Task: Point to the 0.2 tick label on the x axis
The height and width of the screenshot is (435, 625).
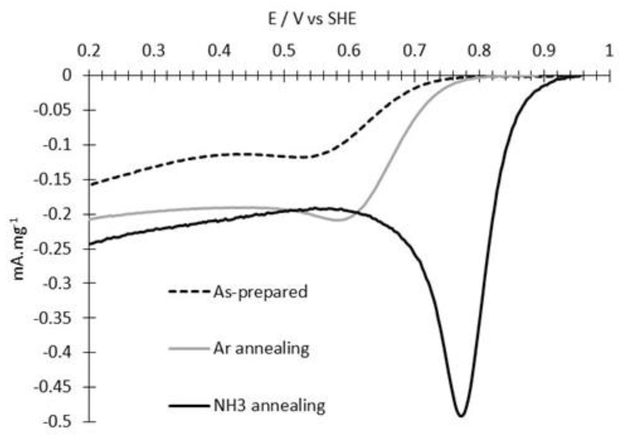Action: point(89,51)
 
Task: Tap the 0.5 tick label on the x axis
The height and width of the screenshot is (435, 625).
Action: point(284,51)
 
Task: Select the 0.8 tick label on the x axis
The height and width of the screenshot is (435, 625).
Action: point(479,51)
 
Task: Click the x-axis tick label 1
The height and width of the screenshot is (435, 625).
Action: point(609,51)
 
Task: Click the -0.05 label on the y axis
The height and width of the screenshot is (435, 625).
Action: point(52,110)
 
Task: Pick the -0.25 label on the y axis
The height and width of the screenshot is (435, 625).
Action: point(52,249)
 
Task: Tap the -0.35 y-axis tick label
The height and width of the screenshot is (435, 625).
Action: point(52,318)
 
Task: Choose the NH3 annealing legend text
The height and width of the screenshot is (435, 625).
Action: point(269,406)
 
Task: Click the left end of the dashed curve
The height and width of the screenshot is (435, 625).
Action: point(90,185)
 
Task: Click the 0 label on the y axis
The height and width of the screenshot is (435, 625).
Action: point(67,76)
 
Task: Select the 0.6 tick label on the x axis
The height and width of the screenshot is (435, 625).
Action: point(349,51)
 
